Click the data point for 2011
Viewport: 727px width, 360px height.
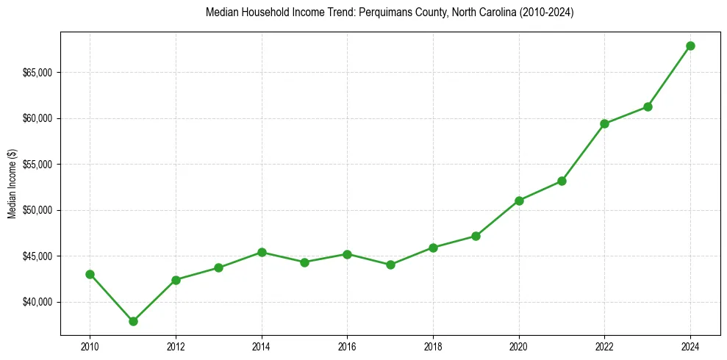coord(133,321)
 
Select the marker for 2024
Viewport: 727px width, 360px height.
coord(690,46)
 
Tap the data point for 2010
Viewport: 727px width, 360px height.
coord(90,274)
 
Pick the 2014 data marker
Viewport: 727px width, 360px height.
coord(262,252)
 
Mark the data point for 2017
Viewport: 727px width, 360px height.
coord(390,264)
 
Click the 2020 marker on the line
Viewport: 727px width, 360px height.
coord(519,201)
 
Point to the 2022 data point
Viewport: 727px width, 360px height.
coord(604,123)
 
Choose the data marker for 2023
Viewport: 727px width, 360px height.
coord(648,107)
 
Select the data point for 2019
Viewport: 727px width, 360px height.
coord(476,236)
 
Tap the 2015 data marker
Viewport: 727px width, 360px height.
coord(304,262)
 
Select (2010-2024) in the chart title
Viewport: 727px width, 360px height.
coord(548,13)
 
